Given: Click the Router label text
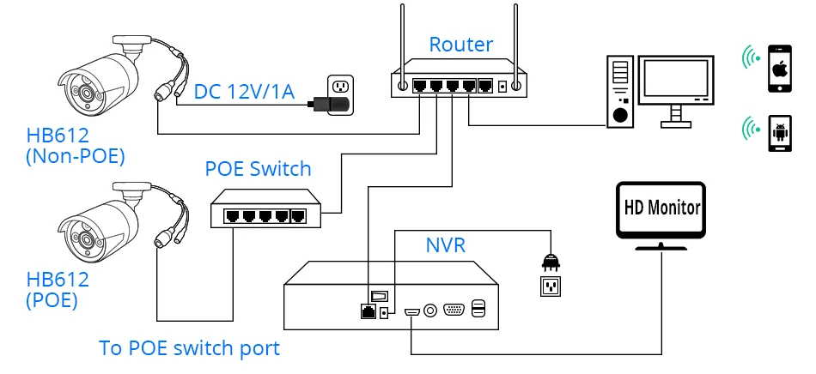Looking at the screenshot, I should coord(461,45).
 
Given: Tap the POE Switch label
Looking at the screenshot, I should coord(258,168).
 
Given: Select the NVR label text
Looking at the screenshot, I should coord(446,245).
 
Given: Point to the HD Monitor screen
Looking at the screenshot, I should coord(661,208).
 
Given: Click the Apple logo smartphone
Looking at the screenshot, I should coord(780,69).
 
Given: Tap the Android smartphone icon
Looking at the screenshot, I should coord(780,133).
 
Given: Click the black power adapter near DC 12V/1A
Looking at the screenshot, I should coord(332,106).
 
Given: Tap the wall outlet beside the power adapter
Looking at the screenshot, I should coord(341,85).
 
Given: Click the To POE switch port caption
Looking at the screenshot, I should coord(189,348).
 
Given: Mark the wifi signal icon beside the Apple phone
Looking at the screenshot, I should coord(752,58).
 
